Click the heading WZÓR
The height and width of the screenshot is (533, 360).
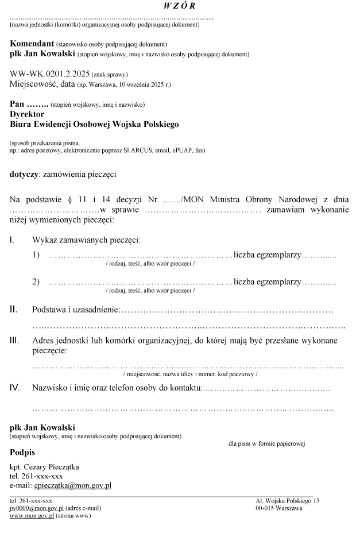[x=179, y=6]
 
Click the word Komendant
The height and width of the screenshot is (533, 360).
[x=32, y=44]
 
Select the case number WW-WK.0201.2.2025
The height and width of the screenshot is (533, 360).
[x=49, y=74]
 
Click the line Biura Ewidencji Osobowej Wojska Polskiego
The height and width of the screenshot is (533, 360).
[x=95, y=123]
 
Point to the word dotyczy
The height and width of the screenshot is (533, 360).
[x=24, y=173]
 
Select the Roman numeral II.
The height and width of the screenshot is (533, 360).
[x=14, y=310]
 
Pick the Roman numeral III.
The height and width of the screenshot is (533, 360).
[x=15, y=341]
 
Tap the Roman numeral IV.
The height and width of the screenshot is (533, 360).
[x=15, y=388]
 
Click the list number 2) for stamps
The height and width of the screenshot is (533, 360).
[x=36, y=281]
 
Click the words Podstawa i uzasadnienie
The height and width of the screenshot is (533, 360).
[x=75, y=310]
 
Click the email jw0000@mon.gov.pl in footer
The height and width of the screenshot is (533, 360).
[x=36, y=508]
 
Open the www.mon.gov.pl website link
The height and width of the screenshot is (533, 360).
[x=32, y=515]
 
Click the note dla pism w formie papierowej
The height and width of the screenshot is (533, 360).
[x=266, y=443]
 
